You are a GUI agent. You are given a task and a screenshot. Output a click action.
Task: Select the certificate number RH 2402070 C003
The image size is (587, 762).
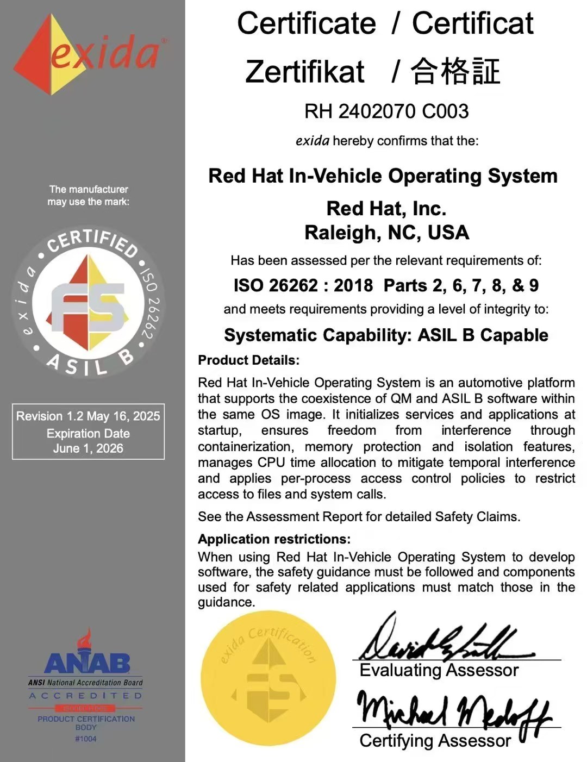(386, 111)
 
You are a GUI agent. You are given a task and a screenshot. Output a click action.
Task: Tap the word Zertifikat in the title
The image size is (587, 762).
(304, 72)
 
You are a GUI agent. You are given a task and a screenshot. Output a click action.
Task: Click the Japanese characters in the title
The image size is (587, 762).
(455, 72)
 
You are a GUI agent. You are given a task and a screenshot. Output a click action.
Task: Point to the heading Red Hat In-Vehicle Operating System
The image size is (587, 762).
(383, 176)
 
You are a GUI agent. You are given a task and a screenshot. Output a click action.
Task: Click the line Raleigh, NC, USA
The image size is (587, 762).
(386, 233)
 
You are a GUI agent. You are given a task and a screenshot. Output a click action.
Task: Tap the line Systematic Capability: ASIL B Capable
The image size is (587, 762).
(386, 335)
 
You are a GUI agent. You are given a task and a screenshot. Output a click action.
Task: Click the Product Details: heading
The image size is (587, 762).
(248, 360)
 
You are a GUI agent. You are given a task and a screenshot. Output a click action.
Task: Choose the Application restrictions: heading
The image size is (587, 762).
(274, 539)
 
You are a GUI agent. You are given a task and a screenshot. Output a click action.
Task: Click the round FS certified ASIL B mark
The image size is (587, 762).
(88, 302)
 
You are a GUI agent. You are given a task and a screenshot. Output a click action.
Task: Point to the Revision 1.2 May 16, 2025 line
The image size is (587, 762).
(88, 416)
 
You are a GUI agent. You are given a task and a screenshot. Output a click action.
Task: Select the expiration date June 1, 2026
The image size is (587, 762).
(88, 448)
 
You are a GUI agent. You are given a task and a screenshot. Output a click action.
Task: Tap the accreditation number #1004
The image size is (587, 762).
(86, 739)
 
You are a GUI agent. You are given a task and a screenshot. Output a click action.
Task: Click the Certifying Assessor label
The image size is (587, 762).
(435, 741)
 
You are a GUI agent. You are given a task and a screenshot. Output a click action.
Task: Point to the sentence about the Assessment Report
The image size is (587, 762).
(359, 516)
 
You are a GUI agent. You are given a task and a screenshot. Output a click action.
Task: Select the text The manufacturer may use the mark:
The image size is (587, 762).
(88, 196)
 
